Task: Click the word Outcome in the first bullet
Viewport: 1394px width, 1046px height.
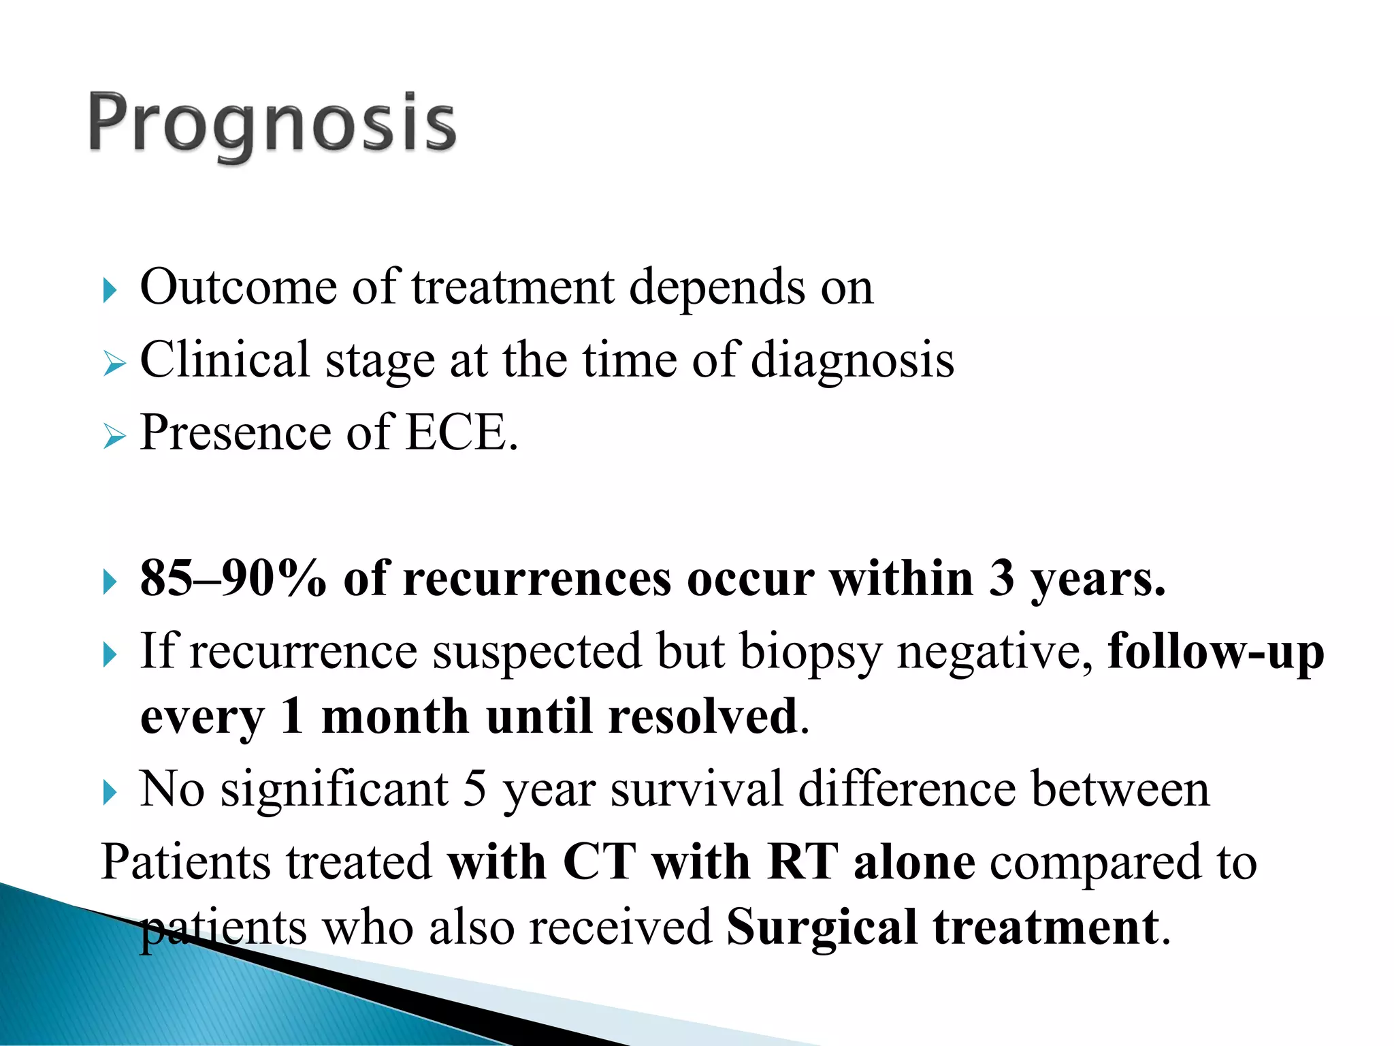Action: click(238, 287)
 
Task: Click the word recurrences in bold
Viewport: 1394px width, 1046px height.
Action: click(537, 580)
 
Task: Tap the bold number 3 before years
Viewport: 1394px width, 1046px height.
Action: click(1001, 579)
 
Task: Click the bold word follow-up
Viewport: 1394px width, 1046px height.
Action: click(1216, 652)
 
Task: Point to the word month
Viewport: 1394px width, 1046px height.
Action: click(395, 717)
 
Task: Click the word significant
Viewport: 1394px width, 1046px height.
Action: click(334, 790)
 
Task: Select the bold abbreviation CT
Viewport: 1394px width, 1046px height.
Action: click(600, 862)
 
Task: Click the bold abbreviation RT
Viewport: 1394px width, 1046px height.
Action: click(803, 862)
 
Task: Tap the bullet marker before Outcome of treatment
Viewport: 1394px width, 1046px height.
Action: click(110, 291)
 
